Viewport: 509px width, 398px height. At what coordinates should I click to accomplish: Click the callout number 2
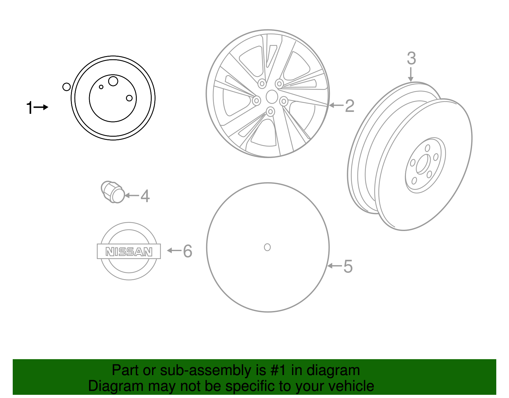click(350, 106)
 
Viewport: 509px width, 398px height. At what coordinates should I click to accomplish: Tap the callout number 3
click(411, 59)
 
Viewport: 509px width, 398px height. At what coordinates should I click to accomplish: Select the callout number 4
click(145, 196)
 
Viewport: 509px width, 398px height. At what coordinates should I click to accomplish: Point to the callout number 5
click(348, 266)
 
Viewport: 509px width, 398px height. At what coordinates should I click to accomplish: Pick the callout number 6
click(188, 251)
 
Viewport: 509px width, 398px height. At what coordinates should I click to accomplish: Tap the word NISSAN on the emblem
click(129, 252)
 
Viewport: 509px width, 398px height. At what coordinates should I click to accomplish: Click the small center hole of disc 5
click(267, 247)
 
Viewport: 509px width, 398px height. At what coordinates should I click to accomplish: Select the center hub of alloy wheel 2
click(272, 97)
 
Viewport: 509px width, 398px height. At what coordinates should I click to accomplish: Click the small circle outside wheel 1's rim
click(66, 87)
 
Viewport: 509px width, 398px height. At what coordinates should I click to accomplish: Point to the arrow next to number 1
click(41, 107)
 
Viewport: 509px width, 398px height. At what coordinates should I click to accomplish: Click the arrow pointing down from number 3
click(411, 75)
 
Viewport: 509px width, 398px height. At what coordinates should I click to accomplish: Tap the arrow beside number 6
click(174, 250)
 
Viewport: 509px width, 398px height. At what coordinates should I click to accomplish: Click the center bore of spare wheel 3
click(422, 164)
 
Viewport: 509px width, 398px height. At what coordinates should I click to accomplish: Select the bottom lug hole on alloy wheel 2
click(270, 112)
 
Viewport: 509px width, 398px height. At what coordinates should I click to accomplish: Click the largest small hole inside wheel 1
click(113, 81)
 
